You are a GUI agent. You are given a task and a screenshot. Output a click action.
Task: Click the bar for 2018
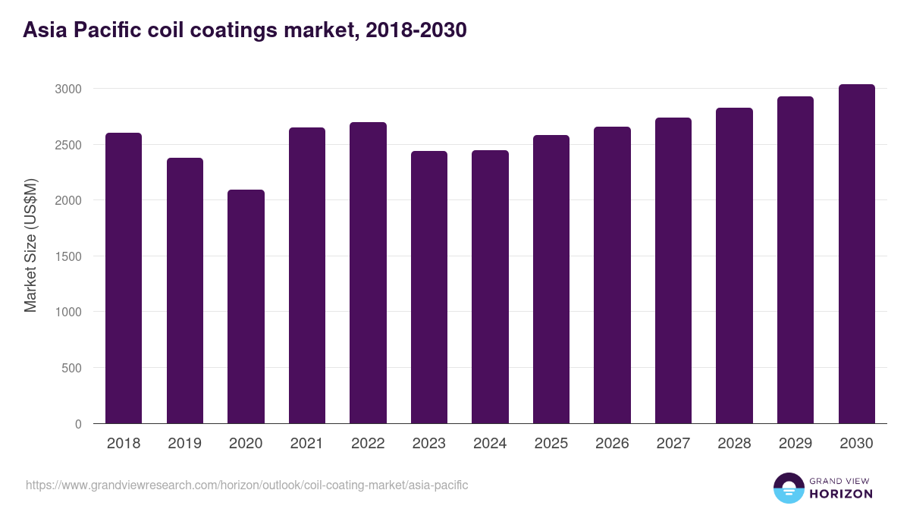click(x=124, y=278)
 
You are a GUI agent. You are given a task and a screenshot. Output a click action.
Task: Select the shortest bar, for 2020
click(x=246, y=306)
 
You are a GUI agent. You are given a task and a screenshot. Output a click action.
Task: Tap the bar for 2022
click(x=368, y=272)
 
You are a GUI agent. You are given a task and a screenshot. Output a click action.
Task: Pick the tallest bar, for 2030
click(x=856, y=253)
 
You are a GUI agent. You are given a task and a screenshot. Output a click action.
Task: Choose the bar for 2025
click(x=551, y=279)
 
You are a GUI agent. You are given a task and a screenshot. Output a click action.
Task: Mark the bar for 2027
click(x=673, y=270)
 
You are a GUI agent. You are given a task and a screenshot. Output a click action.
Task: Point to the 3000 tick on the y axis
click(x=67, y=89)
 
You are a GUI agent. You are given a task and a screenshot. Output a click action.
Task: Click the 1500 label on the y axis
click(x=67, y=256)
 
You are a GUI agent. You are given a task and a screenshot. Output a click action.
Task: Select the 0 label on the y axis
click(x=78, y=424)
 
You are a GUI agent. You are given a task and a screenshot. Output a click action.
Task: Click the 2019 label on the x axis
click(x=184, y=444)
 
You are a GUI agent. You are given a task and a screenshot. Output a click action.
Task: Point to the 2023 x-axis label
click(x=428, y=444)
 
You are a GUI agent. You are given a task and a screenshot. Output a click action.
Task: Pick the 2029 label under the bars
click(x=795, y=444)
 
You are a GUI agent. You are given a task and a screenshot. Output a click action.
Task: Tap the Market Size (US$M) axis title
click(x=30, y=245)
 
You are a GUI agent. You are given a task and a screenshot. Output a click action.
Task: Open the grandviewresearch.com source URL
click(x=247, y=485)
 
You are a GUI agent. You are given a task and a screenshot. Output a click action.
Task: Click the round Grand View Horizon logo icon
click(x=789, y=488)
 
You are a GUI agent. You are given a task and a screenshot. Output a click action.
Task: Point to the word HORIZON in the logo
click(x=841, y=494)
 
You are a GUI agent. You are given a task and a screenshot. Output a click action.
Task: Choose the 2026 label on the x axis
click(x=612, y=444)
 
